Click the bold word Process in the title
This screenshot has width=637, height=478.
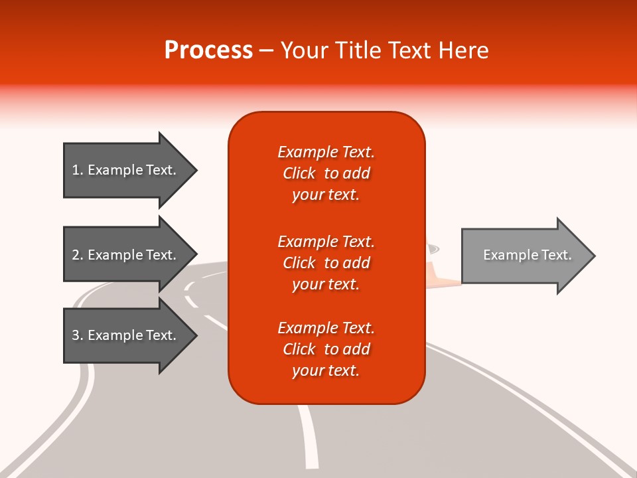[x=208, y=50]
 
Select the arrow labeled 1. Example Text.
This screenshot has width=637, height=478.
[x=126, y=170]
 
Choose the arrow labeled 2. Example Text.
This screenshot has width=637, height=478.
[x=126, y=255]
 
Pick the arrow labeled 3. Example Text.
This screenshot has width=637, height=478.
[x=126, y=335]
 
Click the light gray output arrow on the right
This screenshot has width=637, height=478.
[x=524, y=256]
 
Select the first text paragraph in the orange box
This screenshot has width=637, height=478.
[x=326, y=173]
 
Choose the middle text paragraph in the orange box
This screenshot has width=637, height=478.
[x=326, y=263]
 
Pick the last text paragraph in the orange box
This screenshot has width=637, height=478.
[x=326, y=349]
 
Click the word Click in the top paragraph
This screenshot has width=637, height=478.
[x=299, y=174]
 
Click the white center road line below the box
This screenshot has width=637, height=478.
[x=309, y=438]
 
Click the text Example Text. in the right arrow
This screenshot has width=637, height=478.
[x=528, y=255]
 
